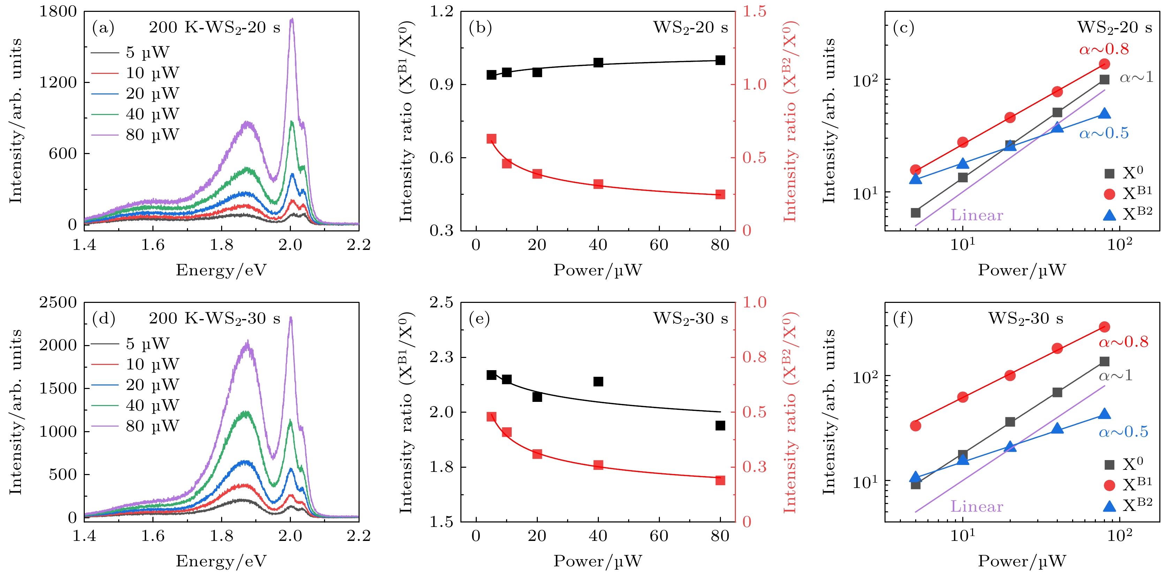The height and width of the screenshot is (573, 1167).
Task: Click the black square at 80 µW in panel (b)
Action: point(720,60)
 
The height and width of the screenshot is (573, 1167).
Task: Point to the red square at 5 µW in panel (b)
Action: point(491,139)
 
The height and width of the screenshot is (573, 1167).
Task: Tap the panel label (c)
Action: point(903,28)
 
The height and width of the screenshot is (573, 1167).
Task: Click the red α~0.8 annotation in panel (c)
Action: point(1104,49)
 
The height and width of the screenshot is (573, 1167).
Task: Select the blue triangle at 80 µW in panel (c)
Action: point(1104,114)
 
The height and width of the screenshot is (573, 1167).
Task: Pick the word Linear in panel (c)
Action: point(976,215)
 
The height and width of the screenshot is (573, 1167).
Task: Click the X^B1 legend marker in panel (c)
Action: point(1109,194)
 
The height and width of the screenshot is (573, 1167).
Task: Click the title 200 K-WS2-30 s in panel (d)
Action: point(214,319)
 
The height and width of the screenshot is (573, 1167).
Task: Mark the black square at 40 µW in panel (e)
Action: point(598,382)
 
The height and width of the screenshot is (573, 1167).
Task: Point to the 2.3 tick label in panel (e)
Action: point(441,357)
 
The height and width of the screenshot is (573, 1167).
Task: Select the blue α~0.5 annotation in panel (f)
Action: point(1123,432)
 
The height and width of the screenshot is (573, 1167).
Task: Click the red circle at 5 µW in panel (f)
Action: point(916,426)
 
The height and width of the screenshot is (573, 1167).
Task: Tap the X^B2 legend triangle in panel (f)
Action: point(1109,506)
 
